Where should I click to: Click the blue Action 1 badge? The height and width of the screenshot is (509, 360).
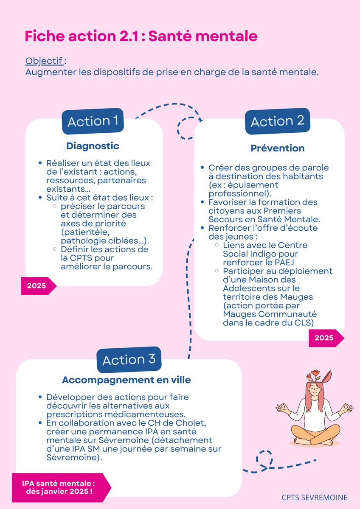pyautogui.click(x=93, y=121)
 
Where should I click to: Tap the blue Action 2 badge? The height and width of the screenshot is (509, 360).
pyautogui.click(x=278, y=121)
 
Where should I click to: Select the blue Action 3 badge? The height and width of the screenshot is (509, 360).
pyautogui.click(x=129, y=360)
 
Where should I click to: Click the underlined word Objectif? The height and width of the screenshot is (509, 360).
pyautogui.click(x=44, y=61)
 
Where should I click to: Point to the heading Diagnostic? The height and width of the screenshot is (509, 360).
pyautogui.click(x=93, y=146)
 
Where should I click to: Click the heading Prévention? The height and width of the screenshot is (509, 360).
pyautogui.click(x=278, y=148)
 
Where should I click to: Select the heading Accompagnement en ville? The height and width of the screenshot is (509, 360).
pyautogui.click(x=127, y=380)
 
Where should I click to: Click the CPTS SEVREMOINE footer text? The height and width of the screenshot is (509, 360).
pyautogui.click(x=315, y=498)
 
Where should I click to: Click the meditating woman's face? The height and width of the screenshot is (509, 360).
pyautogui.click(x=315, y=391)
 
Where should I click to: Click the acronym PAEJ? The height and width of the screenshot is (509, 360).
pyautogui.click(x=284, y=263)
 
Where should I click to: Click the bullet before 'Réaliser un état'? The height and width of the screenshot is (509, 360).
pyautogui.click(x=40, y=163)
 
